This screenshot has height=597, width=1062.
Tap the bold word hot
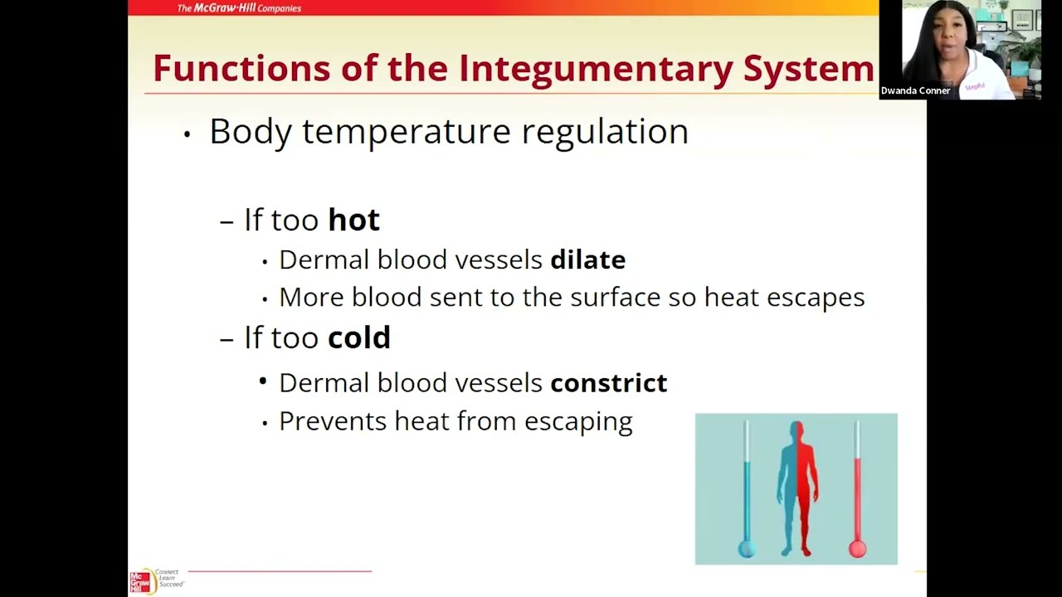point(353,220)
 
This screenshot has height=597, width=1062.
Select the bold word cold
point(358,337)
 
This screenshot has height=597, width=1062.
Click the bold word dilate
point(587,260)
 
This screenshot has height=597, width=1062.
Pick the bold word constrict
point(608,382)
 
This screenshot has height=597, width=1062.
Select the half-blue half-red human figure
point(797,489)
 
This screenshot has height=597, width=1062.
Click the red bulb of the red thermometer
point(857,548)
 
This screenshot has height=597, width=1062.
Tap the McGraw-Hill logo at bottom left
point(141,581)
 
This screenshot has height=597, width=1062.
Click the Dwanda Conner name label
point(915,90)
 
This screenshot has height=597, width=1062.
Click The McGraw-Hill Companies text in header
point(239,8)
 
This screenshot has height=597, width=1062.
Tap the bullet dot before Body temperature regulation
point(188,134)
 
